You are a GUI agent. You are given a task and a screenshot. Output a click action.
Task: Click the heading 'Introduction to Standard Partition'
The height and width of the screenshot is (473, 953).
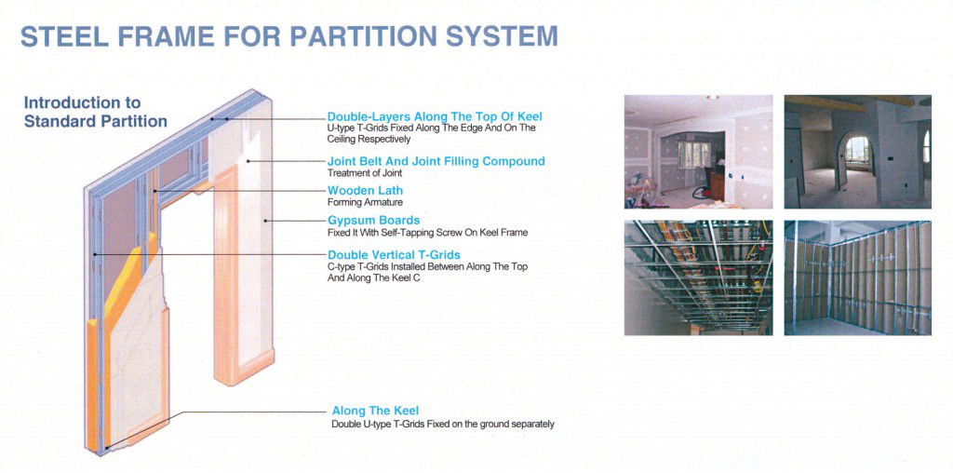pos(96,112)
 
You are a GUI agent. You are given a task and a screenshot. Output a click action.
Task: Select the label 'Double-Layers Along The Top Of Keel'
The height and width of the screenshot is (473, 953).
pos(435,116)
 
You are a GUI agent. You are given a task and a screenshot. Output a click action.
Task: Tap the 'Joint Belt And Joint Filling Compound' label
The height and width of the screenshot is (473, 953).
pos(436,161)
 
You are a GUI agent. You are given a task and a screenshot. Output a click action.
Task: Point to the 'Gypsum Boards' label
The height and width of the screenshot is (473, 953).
pos(373,220)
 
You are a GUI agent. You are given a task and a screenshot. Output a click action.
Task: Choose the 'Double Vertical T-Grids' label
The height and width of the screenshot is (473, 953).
pos(394,255)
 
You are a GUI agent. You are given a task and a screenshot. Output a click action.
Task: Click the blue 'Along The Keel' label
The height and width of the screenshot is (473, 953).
pos(375,411)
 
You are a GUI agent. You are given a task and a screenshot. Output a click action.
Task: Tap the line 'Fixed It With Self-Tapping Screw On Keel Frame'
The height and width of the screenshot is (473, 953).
pos(427,232)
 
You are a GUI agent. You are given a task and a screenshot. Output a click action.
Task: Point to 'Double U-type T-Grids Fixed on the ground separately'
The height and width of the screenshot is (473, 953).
pos(442,424)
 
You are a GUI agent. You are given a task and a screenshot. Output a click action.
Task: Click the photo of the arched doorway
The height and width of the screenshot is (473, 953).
pos(857,152)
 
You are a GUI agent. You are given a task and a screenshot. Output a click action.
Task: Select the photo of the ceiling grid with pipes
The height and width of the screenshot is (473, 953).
pos(698,277)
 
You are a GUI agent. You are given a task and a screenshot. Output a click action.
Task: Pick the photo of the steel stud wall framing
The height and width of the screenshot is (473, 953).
pos(857,277)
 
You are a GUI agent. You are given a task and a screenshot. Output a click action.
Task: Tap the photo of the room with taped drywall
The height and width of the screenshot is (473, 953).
pos(698,152)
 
